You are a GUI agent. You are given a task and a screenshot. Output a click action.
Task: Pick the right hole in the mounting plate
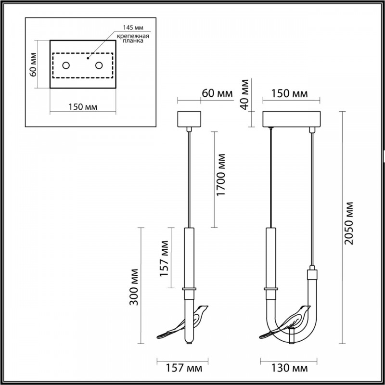[x=99, y=65]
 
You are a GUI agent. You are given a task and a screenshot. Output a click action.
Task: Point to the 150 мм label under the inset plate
[x=83, y=106]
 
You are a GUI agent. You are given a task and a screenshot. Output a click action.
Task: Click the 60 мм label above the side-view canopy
[x=217, y=93]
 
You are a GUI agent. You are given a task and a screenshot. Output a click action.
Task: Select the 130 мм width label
[x=291, y=369]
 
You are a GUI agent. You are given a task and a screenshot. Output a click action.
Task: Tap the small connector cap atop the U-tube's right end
[x=312, y=275]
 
